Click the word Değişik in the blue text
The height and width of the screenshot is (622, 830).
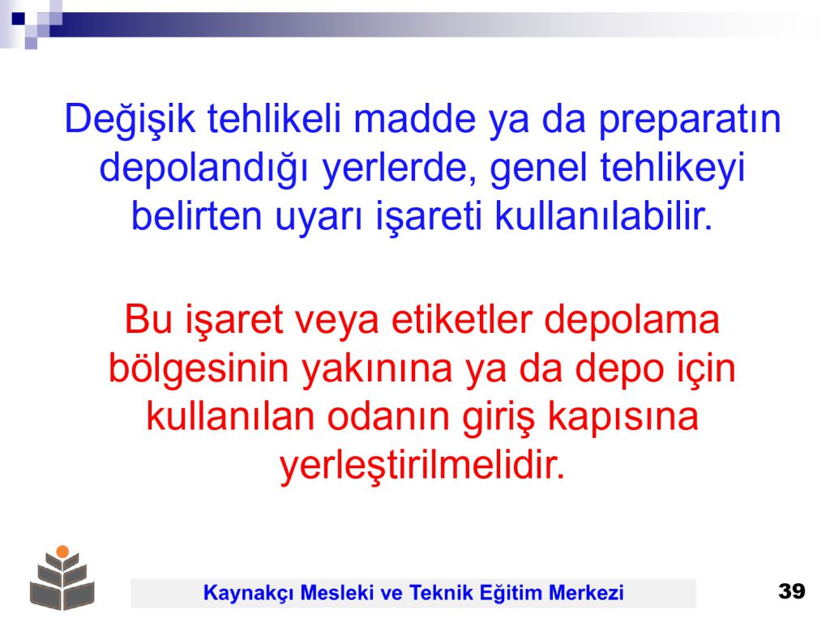130,120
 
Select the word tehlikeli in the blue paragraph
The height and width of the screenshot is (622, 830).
274,118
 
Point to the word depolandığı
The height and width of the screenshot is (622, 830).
203,169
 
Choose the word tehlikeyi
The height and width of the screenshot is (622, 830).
672,169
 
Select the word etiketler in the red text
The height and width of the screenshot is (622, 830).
461,319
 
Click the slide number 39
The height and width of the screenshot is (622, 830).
792,590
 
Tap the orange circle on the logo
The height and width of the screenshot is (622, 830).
62,551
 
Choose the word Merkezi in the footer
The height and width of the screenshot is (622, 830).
587,592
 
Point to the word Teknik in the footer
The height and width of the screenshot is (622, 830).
442,592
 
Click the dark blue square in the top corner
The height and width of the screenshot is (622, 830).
19,19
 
